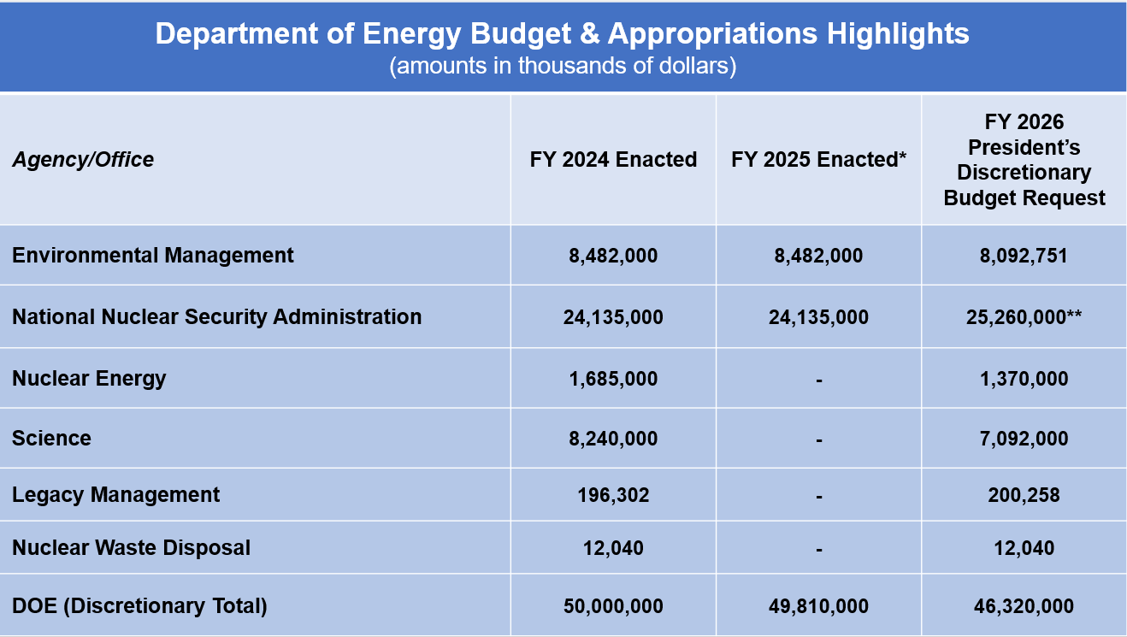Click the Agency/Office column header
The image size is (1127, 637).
(x=83, y=160)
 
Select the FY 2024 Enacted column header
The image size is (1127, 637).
(x=613, y=160)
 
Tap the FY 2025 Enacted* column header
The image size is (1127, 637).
(x=818, y=160)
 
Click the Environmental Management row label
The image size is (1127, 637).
(x=153, y=256)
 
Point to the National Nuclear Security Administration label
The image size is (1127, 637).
(x=217, y=317)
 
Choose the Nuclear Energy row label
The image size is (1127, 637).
(x=89, y=379)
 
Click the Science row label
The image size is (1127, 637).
(x=52, y=439)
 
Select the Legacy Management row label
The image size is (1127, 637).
(x=116, y=495)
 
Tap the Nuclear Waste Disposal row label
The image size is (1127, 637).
(x=132, y=548)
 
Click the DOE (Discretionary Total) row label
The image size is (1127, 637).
(x=140, y=606)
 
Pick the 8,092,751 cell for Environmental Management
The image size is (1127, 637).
(x=1024, y=257)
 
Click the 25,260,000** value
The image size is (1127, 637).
(x=1024, y=317)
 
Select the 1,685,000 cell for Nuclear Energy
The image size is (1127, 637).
(x=613, y=379)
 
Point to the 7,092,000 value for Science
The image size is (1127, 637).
(x=1024, y=439)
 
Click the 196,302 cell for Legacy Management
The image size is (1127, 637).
(x=613, y=495)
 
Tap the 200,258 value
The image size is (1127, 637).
(x=1024, y=495)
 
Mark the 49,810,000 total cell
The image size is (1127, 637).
(x=818, y=606)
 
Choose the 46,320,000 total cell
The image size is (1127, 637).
(x=1024, y=606)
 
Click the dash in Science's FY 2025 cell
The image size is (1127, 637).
(x=819, y=440)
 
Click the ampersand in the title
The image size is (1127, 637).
(x=589, y=33)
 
